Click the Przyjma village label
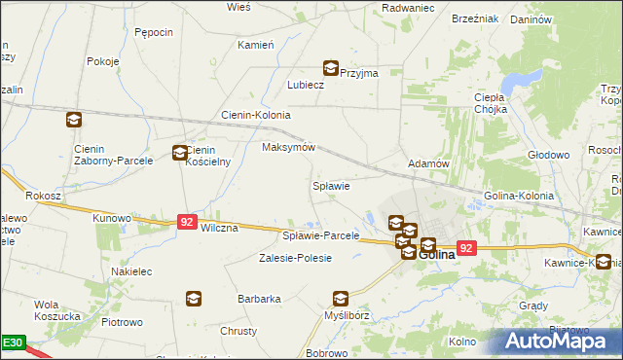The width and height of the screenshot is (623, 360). point(356,72)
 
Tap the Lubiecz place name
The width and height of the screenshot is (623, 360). point(305,85)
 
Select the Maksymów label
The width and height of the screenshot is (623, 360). point(289,148)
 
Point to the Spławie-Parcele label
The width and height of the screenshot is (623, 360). point(320,235)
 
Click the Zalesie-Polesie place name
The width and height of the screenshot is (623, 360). point(295,258)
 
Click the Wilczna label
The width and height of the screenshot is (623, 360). point(219,228)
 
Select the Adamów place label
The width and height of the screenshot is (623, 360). point(427,163)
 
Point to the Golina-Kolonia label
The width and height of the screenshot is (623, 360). point(519,196)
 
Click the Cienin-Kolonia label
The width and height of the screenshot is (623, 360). point(256,114)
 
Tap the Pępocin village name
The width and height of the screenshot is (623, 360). point(154,32)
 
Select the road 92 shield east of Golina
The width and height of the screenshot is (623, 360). point(466,248)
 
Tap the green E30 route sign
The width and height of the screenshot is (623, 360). point(13,342)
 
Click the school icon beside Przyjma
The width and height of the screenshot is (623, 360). point(331,68)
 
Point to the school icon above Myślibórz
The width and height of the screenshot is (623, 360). point(340,299)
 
